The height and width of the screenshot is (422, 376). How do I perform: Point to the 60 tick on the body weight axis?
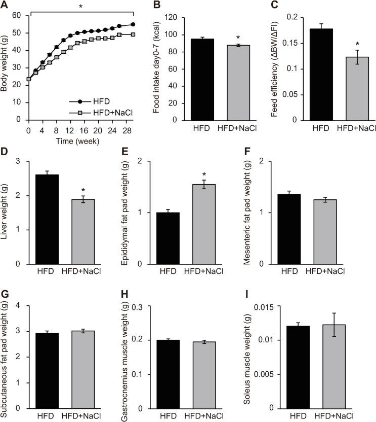17,16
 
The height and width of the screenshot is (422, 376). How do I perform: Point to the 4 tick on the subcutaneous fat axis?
20,305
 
